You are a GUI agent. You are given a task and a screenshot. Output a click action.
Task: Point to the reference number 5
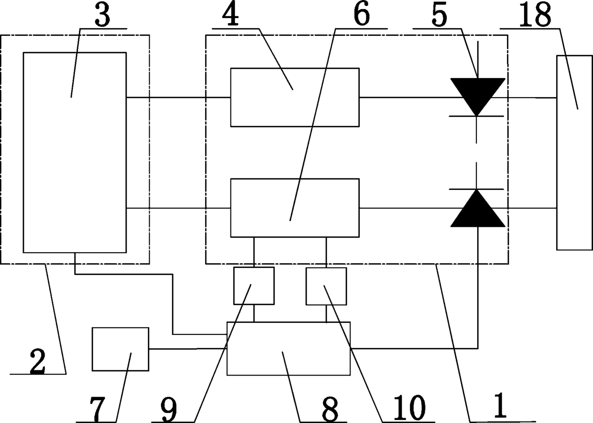coord(439,15)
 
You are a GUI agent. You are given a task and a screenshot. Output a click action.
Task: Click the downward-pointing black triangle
coord(478,95)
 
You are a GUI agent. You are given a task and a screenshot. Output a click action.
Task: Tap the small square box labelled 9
coord(253,286)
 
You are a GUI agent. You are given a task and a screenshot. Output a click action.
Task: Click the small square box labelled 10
coord(326,286)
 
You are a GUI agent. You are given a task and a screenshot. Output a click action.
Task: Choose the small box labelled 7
coord(120,349)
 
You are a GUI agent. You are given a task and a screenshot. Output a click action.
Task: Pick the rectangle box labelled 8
coord(288,348)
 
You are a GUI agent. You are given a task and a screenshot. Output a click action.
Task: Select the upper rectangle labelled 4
coord(295,97)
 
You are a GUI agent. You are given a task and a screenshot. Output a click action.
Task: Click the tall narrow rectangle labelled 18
coord(574,152)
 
